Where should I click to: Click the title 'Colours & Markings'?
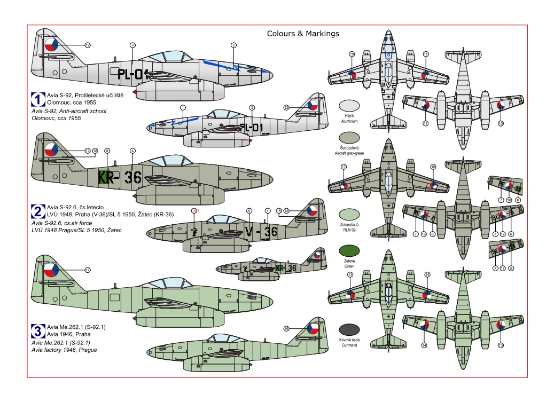tap(303, 33)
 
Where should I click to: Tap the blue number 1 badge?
tap(38, 99)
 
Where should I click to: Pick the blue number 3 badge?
tap(38, 329)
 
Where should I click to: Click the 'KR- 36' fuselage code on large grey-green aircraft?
tap(119, 178)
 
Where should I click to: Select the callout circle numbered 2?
tap(233, 45)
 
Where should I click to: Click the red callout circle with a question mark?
tap(194, 211)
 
